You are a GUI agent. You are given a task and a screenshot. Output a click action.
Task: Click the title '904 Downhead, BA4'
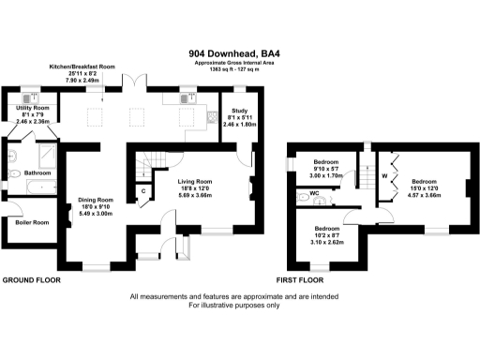pos(240,53)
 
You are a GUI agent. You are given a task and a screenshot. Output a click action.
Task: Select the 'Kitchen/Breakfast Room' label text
pos(81,67)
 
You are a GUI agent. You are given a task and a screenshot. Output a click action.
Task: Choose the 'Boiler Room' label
pos(31,221)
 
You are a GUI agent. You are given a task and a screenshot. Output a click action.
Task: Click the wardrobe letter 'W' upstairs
pos(383,175)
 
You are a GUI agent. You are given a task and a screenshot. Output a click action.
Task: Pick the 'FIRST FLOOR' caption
pos(301,280)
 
